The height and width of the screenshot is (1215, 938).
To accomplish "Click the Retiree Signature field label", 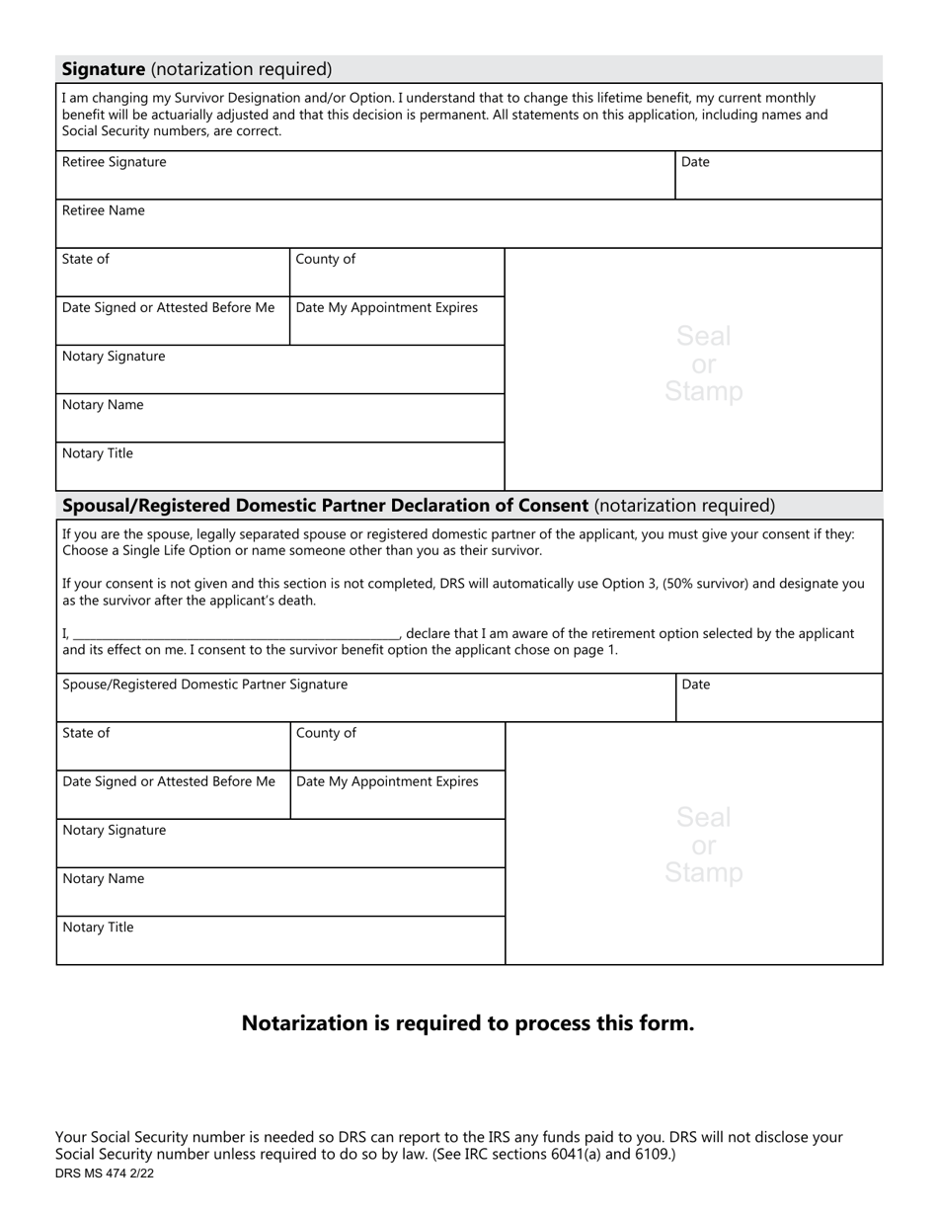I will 115,162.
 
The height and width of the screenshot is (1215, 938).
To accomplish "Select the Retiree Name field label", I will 104,210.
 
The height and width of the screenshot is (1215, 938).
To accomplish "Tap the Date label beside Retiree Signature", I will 695,162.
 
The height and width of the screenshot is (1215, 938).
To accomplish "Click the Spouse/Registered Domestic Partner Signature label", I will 205,685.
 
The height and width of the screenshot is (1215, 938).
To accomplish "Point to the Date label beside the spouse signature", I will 696,685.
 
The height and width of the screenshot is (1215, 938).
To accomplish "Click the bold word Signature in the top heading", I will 104,69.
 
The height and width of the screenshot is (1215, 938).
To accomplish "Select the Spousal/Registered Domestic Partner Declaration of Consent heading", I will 326,506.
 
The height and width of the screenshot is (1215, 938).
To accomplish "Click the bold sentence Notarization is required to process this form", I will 468,1023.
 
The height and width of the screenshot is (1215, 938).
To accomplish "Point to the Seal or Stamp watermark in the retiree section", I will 703,364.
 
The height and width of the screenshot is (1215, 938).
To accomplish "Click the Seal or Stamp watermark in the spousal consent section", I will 703,845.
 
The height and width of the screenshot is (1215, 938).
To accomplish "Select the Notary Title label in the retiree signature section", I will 98,453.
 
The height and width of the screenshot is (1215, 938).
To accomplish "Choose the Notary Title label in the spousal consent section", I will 98,928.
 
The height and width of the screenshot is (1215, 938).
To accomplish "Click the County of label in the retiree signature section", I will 326,259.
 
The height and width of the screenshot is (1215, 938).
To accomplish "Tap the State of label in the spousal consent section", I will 87,733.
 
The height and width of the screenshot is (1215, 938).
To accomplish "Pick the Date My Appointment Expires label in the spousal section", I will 387,781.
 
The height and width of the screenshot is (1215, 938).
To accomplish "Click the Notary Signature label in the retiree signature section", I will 115,356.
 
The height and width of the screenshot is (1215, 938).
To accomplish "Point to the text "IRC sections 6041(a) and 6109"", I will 573,1154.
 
